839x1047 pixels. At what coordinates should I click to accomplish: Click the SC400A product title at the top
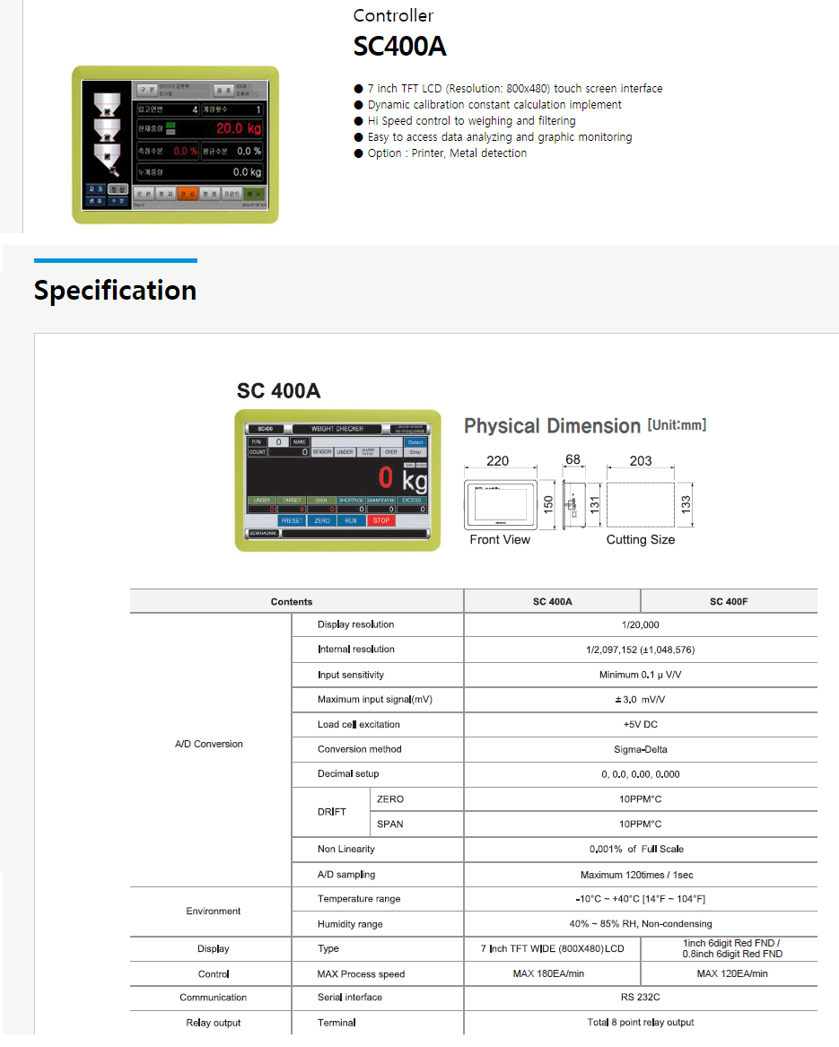(399, 46)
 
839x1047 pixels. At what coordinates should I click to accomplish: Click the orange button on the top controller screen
(188, 193)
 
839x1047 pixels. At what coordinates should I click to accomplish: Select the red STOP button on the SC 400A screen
(381, 520)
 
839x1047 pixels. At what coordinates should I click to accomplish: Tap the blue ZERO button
(322, 520)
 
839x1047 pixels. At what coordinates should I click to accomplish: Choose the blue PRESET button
(292, 520)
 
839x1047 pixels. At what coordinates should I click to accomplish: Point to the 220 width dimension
(497, 461)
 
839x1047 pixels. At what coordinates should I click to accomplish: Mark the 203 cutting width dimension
(640, 461)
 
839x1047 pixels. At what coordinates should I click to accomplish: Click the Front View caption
(500, 540)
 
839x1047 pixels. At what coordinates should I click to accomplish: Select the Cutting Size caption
(640, 540)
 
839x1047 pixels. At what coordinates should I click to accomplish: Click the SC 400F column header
(729, 601)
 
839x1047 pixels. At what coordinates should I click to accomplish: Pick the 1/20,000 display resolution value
(640, 624)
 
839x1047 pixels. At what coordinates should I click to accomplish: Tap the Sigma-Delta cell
(640, 749)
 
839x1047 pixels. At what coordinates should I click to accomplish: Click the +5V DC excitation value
(640, 724)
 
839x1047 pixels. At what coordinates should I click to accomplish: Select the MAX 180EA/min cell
(552, 973)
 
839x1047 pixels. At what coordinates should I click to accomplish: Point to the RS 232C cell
(640, 998)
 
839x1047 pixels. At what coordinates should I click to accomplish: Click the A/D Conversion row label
(209, 744)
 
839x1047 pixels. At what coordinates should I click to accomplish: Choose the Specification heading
(115, 291)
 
